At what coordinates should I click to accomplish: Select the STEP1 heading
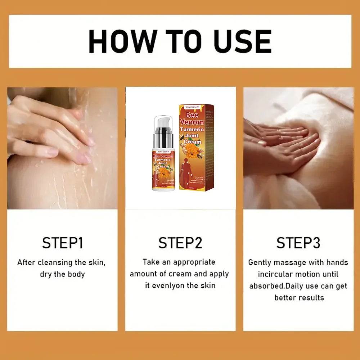click(62, 243)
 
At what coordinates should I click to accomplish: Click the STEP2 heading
click(180, 243)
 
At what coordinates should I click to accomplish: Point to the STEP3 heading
click(298, 243)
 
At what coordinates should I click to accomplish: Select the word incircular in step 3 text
click(275, 274)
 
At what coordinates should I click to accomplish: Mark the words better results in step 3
click(299, 298)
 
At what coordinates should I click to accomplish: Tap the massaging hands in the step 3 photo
click(284, 144)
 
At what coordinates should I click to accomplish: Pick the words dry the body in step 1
click(62, 274)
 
